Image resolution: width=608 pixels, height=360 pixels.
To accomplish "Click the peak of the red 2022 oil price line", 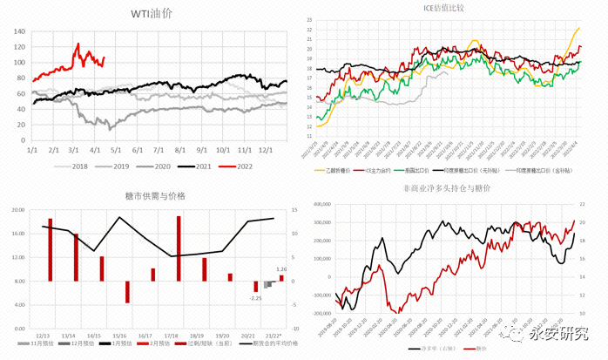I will pos(78,44).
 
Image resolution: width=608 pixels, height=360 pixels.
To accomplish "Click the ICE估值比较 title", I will pos(449,9).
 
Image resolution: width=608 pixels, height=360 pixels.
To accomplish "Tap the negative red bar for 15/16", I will pos(127,291).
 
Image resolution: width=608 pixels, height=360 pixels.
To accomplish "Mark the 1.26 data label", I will pos(281,269).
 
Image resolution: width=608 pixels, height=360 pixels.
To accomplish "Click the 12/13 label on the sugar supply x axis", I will pos(43,336).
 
